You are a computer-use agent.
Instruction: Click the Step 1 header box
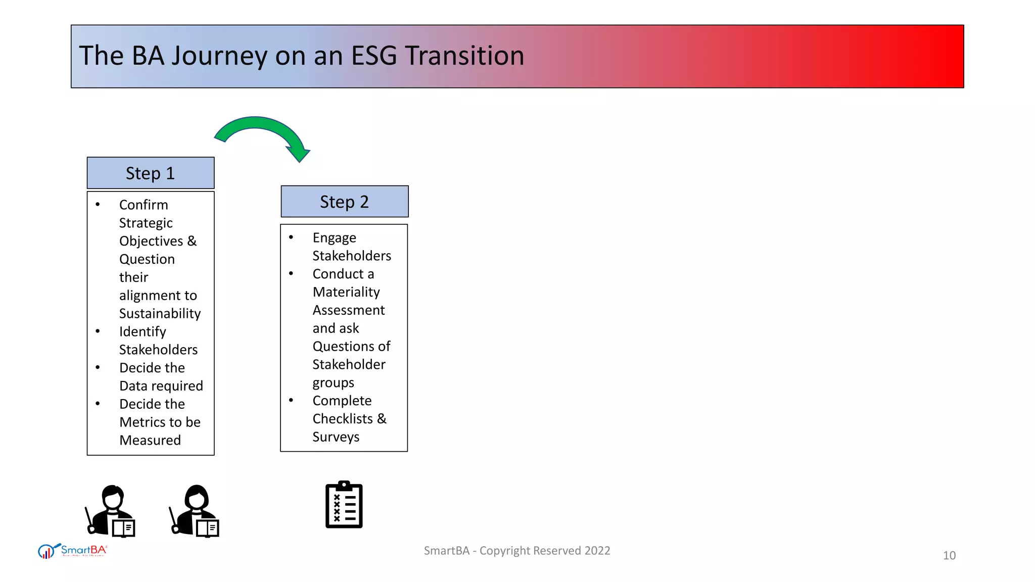click(x=151, y=173)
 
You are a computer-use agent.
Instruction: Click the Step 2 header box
click(x=344, y=202)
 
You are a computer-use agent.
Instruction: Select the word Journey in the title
click(x=219, y=57)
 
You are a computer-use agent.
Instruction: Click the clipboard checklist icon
click(x=344, y=505)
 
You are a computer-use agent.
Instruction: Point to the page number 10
click(x=949, y=556)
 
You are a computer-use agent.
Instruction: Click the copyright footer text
click(x=516, y=551)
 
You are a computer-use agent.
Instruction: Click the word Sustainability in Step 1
click(x=160, y=314)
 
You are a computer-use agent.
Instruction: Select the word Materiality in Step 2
click(x=346, y=292)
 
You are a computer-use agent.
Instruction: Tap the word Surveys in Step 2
click(x=336, y=437)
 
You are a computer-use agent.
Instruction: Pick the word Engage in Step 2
click(x=334, y=238)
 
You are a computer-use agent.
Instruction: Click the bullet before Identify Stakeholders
click(x=98, y=331)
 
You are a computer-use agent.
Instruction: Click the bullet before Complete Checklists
click(x=291, y=400)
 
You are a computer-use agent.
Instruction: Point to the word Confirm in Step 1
click(x=144, y=205)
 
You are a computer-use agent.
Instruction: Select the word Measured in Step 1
click(x=150, y=441)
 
